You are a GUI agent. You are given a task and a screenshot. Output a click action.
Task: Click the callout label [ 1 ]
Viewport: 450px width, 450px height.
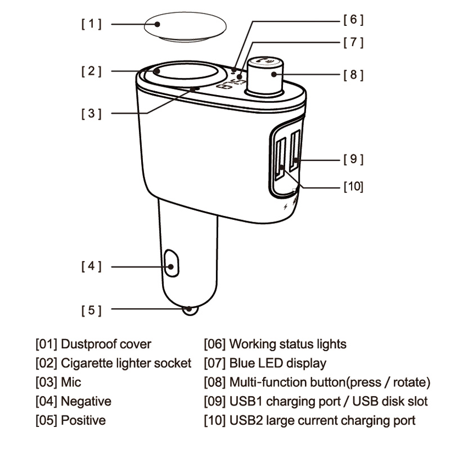click(x=91, y=24)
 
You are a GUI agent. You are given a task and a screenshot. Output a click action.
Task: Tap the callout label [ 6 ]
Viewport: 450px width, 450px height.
click(x=354, y=20)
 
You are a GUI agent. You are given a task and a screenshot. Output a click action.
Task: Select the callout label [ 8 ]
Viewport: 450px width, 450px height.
click(x=354, y=75)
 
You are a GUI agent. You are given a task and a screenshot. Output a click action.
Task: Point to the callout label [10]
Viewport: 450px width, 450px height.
click(x=354, y=187)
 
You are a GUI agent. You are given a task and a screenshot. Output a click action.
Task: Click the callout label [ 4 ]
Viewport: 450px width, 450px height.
click(x=91, y=266)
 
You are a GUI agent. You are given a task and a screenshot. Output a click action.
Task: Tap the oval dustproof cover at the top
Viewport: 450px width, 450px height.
click(x=185, y=26)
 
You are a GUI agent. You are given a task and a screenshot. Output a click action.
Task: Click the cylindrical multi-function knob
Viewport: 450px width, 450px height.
click(x=264, y=75)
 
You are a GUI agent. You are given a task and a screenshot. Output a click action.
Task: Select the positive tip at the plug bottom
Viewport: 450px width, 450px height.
click(x=190, y=310)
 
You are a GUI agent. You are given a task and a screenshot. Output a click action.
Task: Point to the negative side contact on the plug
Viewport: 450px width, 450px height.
click(x=172, y=263)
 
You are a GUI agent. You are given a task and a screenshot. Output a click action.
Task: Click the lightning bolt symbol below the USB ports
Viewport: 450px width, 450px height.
click(x=285, y=206)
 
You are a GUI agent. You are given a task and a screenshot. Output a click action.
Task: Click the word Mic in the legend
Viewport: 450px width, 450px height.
click(x=71, y=382)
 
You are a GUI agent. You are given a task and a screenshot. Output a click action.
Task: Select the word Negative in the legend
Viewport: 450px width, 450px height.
click(x=86, y=401)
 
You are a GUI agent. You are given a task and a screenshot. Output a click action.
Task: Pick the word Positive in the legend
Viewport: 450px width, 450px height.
click(x=83, y=420)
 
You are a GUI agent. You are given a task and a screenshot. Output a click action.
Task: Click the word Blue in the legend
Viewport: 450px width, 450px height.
click(x=242, y=363)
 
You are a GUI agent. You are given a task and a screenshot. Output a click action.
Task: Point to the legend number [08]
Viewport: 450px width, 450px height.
click(x=215, y=382)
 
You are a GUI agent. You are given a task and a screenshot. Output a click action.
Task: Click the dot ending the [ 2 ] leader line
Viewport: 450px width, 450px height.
click(x=157, y=71)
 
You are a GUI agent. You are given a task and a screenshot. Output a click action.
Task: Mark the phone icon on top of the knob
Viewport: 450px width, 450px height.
click(x=261, y=60)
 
